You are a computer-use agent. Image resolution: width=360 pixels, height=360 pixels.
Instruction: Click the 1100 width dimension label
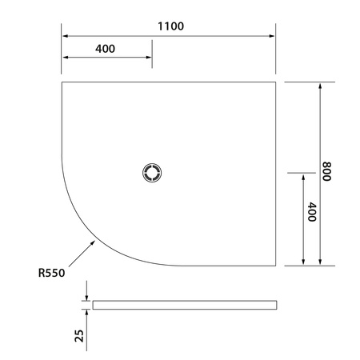pos(170,26)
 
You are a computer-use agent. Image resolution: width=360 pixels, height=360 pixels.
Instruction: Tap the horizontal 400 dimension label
pos(106,49)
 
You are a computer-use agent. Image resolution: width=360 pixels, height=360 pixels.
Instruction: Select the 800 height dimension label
pos(326,171)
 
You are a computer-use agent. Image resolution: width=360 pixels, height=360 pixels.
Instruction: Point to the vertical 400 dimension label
pos(312,212)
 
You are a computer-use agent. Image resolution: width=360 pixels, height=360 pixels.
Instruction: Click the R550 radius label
pos(51,273)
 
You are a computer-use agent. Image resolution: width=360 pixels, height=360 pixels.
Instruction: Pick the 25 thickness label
pos(79,336)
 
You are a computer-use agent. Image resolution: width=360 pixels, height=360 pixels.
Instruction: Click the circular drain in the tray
pos(152,173)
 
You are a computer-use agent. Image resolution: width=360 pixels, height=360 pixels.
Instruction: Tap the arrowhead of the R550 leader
pos(93,242)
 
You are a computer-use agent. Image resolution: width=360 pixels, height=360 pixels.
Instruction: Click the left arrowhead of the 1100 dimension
pos(65,36)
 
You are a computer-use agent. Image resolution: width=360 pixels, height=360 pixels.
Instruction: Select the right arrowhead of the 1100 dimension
pos(272,36)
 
